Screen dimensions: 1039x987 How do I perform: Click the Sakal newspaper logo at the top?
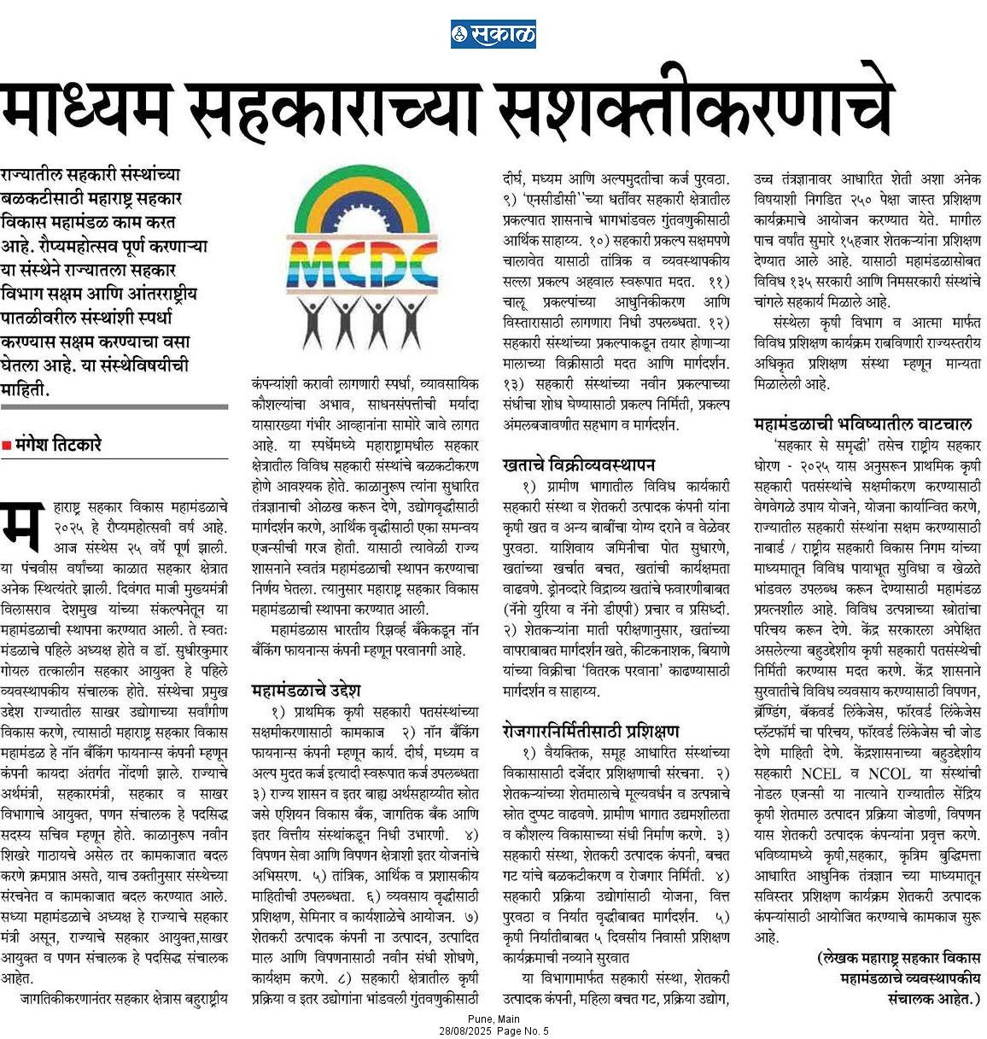(x=493, y=34)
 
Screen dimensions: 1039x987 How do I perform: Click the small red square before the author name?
(x=7, y=444)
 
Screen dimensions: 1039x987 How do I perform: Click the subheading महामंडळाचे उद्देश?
(x=307, y=689)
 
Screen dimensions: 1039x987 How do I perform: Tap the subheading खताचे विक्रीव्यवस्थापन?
(x=579, y=464)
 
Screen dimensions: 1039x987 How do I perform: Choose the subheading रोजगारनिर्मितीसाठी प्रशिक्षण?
(x=591, y=731)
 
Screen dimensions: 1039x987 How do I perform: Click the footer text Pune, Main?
(x=493, y=1019)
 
